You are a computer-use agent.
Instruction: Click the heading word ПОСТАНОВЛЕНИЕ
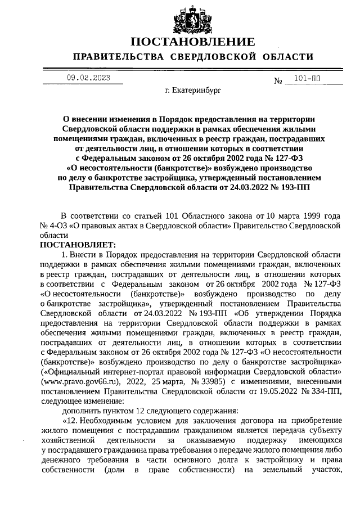(193, 42)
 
